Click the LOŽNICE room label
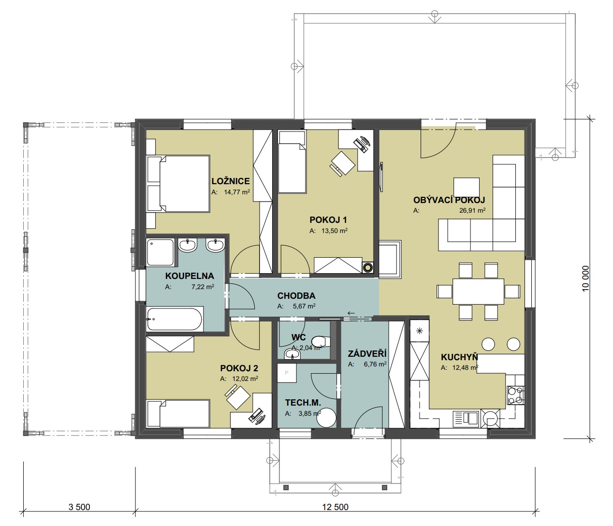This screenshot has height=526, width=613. pos(231,181)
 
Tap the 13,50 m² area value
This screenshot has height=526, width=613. pos(335,231)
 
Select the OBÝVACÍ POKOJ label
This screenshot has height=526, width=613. pos(449,200)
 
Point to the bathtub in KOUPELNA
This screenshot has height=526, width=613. pos(175,319)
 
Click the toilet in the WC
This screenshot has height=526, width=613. pos(321,341)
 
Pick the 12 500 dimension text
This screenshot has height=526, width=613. pos(335,507)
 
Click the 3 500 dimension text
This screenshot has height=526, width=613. pos(79,507)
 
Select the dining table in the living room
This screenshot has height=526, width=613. pos(478,291)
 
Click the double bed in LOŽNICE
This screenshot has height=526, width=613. pos(178,184)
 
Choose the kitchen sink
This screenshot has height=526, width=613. pos(466,418)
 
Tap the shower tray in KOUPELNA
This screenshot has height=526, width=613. pos(160,252)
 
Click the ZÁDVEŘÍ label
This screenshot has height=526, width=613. pos(367,353)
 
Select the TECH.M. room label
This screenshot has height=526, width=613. pos(303,402)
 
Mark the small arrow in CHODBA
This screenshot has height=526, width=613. pos(351,313)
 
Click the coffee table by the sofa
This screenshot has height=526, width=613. pos(466,187)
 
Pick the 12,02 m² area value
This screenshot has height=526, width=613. pos(245,379)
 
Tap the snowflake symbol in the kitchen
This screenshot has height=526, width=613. pos(419,331)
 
